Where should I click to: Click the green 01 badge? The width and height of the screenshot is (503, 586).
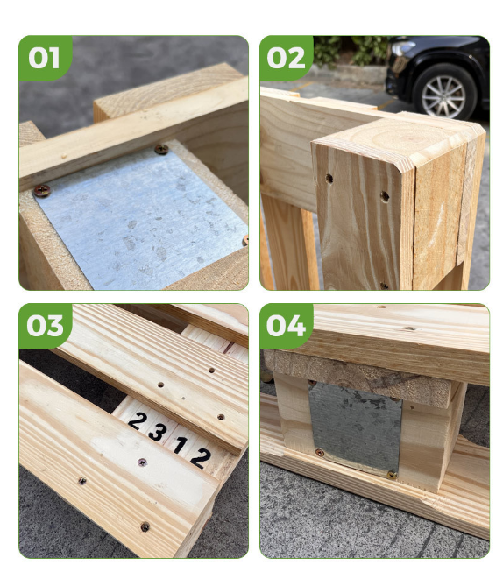click(45, 58)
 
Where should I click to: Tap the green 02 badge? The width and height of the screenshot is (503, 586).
click(286, 58)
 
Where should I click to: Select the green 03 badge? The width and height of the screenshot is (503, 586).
click(45, 326)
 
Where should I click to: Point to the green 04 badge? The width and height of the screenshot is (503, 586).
click(286, 326)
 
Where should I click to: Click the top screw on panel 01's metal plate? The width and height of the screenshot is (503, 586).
click(161, 149)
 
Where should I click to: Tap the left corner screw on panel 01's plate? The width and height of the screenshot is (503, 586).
click(42, 191)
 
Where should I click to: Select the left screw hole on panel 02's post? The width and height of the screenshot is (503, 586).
click(329, 179)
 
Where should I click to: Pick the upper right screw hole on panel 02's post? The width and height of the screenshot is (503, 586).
click(385, 196)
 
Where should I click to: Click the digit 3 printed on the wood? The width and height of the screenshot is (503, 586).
click(157, 433)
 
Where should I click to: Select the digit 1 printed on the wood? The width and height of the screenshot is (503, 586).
click(181, 446)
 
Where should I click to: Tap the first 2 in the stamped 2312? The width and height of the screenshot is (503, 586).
click(137, 420)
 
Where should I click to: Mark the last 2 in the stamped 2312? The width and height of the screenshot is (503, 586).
click(201, 458)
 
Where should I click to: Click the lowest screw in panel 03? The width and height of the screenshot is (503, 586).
click(145, 527)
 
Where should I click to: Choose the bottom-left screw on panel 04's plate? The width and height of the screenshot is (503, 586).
click(319, 453)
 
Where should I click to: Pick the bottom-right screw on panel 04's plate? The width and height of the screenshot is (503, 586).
click(392, 475)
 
